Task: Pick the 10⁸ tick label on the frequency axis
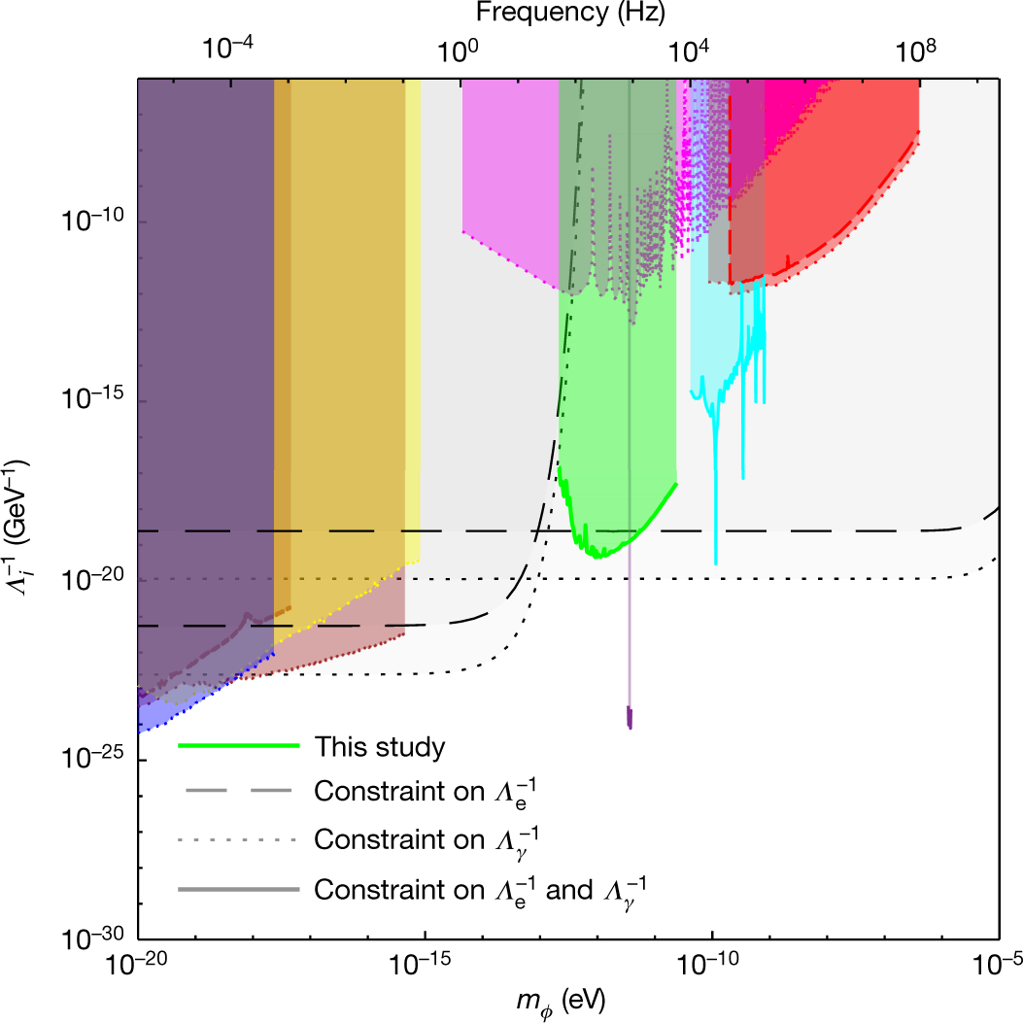click(919, 51)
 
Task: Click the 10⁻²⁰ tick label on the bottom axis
click(138, 964)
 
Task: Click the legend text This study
click(379, 747)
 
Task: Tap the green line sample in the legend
click(237, 747)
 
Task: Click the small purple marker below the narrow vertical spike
click(630, 718)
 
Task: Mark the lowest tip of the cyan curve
click(716, 563)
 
